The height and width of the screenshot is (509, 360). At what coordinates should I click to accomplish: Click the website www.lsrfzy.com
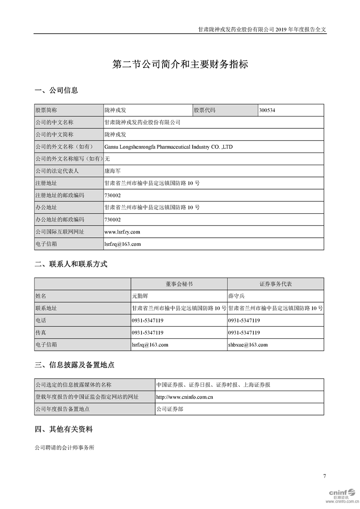pos(122,232)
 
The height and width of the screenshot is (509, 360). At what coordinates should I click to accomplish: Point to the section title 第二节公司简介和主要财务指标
pos(180,64)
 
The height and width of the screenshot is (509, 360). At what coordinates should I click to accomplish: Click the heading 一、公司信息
pos(56,90)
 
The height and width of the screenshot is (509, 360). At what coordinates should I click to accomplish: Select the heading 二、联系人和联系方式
pos(71,264)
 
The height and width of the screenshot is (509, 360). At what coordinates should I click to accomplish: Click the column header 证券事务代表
pos(276,284)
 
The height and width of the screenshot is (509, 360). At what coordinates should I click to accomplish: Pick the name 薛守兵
pos(236,296)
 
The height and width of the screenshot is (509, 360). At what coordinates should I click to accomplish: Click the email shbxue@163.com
pos(248,345)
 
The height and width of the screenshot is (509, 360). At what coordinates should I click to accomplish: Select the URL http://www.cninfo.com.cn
pos(185,397)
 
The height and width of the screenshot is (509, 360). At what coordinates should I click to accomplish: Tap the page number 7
pos(325,476)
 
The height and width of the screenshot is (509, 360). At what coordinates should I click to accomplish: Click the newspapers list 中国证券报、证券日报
pos(213,385)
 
